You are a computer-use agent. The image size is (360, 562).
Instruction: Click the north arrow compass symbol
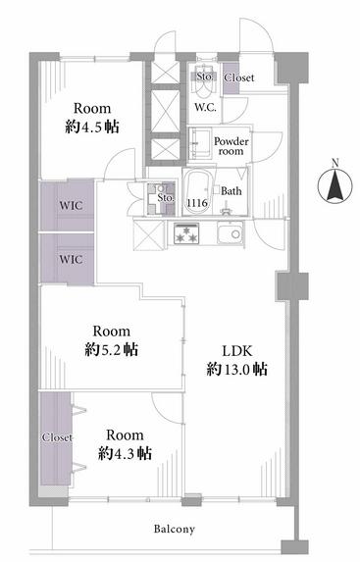point(334,186)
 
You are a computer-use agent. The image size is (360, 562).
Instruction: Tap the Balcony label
point(175,529)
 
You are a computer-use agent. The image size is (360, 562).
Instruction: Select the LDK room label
point(237,351)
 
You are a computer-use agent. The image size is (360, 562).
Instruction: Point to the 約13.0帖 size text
point(236,369)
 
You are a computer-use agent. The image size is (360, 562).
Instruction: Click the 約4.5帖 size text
point(92,127)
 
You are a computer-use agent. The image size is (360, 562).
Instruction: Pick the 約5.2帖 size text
point(112,349)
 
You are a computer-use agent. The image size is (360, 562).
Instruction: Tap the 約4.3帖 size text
point(125,454)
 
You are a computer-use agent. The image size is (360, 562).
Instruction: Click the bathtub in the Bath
point(197,191)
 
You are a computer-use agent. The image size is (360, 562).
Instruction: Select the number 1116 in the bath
point(197,203)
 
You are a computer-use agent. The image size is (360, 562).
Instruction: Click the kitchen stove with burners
point(186,233)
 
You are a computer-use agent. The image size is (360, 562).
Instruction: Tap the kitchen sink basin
point(231,234)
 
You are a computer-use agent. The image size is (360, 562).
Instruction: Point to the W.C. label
point(205,107)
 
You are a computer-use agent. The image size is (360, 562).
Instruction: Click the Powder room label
point(231,146)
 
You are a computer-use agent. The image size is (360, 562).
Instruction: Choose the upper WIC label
point(71,206)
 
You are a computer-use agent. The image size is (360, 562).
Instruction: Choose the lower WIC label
point(71,259)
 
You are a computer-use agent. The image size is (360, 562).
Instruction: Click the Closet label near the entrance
point(238,77)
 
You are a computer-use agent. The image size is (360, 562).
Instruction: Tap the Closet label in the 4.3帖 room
point(57,437)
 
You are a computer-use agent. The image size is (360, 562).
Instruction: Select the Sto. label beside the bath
point(166,197)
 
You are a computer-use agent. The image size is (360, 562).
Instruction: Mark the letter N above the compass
point(335,164)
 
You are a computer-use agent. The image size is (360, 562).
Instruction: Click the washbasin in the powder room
point(200,143)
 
